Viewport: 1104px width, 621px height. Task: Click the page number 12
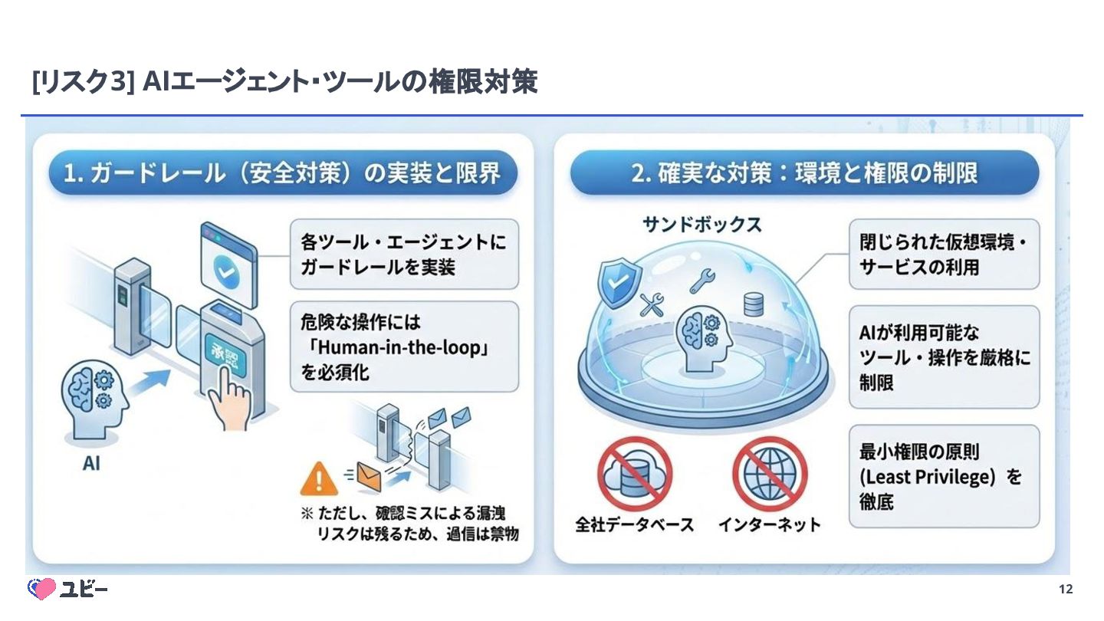pyautogui.click(x=1065, y=589)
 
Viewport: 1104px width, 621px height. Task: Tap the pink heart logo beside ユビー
pyautogui.click(x=42, y=589)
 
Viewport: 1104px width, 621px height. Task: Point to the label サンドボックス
pyautogui.click(x=701, y=224)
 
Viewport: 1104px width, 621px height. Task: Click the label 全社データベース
pyautogui.click(x=634, y=525)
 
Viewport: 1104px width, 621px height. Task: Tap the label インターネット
pyautogui.click(x=769, y=525)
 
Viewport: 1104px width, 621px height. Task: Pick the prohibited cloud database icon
pyautogui.click(x=634, y=473)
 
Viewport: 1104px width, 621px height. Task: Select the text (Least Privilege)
pyautogui.click(x=926, y=477)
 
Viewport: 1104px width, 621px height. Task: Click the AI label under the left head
pyautogui.click(x=91, y=463)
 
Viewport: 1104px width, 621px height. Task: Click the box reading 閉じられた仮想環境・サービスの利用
pyautogui.click(x=944, y=255)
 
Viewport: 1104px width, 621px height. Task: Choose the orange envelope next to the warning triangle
pyautogui.click(x=368, y=476)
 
